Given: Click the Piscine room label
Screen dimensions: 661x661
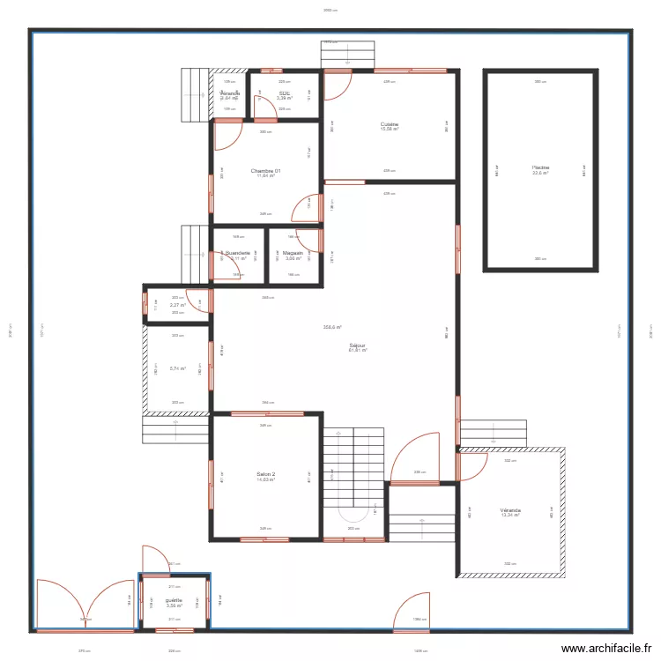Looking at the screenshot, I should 540,167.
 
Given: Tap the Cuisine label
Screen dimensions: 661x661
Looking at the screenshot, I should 390,124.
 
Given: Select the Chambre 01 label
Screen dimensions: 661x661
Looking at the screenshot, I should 265,170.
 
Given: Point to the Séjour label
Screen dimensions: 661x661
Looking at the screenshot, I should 357,345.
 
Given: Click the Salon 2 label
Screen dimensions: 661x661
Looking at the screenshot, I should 266,474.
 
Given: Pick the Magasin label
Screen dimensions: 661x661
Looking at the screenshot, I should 293,253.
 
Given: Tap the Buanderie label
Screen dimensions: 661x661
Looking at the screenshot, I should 237,253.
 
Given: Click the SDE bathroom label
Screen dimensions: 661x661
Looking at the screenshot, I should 284,93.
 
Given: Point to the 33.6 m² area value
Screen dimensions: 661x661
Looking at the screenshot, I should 540,173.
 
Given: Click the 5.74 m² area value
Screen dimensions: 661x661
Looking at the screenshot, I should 177,368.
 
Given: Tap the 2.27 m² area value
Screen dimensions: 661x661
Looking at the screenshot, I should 177,305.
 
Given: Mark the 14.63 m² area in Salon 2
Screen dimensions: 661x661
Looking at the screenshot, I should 266,480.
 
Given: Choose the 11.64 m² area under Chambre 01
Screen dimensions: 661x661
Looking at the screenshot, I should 265,176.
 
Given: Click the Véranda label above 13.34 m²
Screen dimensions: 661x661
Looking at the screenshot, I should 510,509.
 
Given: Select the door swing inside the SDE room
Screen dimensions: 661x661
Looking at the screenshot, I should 264,108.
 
